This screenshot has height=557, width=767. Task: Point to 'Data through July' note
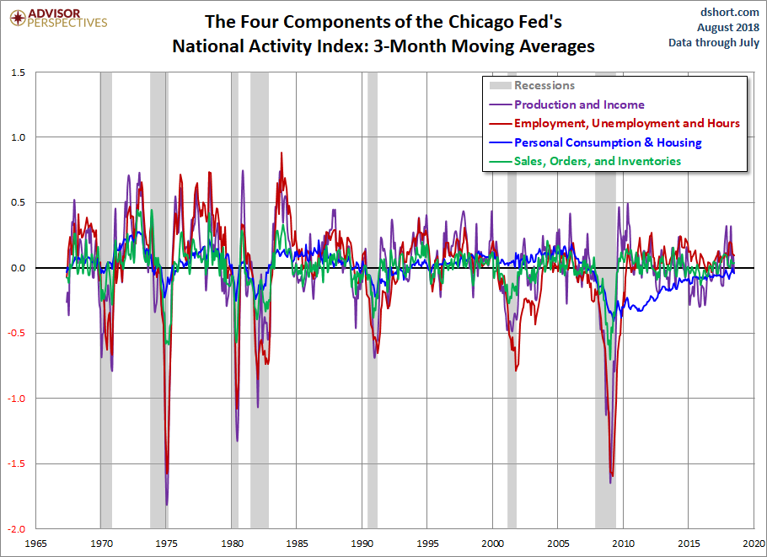coord(715,42)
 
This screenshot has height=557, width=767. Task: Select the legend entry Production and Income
coord(579,104)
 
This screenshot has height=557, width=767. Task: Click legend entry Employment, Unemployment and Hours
coord(626,123)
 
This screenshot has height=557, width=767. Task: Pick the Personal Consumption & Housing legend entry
coord(608,142)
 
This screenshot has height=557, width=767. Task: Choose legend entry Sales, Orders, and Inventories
coord(598,161)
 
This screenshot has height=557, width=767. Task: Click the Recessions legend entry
coord(544,85)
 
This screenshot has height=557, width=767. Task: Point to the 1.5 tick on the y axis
coord(19,72)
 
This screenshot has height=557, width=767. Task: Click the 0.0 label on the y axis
coord(19,268)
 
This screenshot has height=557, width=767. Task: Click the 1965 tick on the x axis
coord(35,544)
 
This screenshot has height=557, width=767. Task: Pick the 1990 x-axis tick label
coord(362,544)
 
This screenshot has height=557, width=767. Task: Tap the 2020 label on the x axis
coord(754,544)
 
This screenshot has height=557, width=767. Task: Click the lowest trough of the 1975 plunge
coord(167,505)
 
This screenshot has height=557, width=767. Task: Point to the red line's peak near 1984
coord(282,153)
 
